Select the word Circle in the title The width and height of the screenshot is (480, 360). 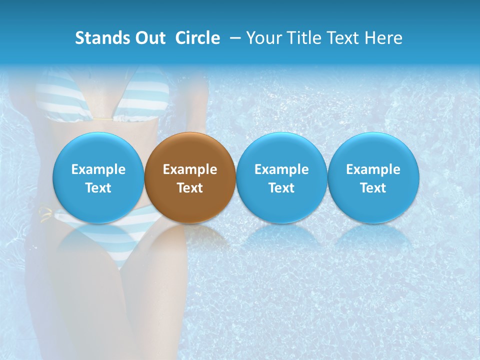[197, 38]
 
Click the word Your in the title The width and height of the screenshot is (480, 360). [263, 38]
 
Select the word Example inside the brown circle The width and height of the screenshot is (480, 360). [190, 169]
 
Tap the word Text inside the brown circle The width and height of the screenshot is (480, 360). [190, 188]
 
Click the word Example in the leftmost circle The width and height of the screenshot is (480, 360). [98, 169]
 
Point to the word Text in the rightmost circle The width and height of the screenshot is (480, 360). [373, 188]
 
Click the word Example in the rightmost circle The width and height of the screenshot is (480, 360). [373, 169]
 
